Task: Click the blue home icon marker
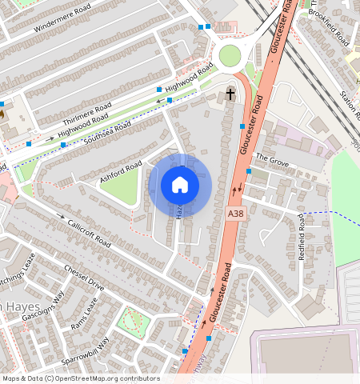[180, 185]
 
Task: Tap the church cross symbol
[230, 94]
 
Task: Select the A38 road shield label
[234, 214]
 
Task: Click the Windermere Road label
[59, 22]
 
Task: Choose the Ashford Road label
[121, 172]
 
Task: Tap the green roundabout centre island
[230, 55]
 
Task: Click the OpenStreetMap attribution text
[80, 378]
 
